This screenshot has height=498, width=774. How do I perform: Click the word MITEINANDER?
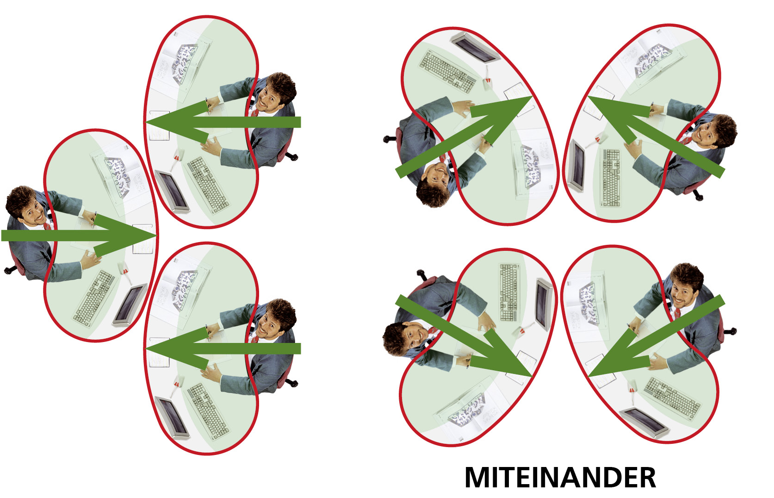pos(560,478)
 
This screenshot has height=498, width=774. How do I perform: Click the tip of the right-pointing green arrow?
pos(156,236)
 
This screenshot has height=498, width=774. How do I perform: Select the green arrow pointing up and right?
pos(464,137)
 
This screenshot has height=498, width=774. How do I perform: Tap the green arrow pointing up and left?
pos(656,137)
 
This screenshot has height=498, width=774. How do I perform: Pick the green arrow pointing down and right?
pos(464,336)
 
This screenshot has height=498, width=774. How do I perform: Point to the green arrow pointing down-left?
pos(656,336)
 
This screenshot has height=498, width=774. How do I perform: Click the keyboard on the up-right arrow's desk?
pos(447,72)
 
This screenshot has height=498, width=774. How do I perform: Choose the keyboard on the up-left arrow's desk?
pos(611,178)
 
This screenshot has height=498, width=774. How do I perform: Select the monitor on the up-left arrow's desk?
pos(576,166)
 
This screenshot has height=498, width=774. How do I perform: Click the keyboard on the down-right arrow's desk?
pos(509,293)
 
